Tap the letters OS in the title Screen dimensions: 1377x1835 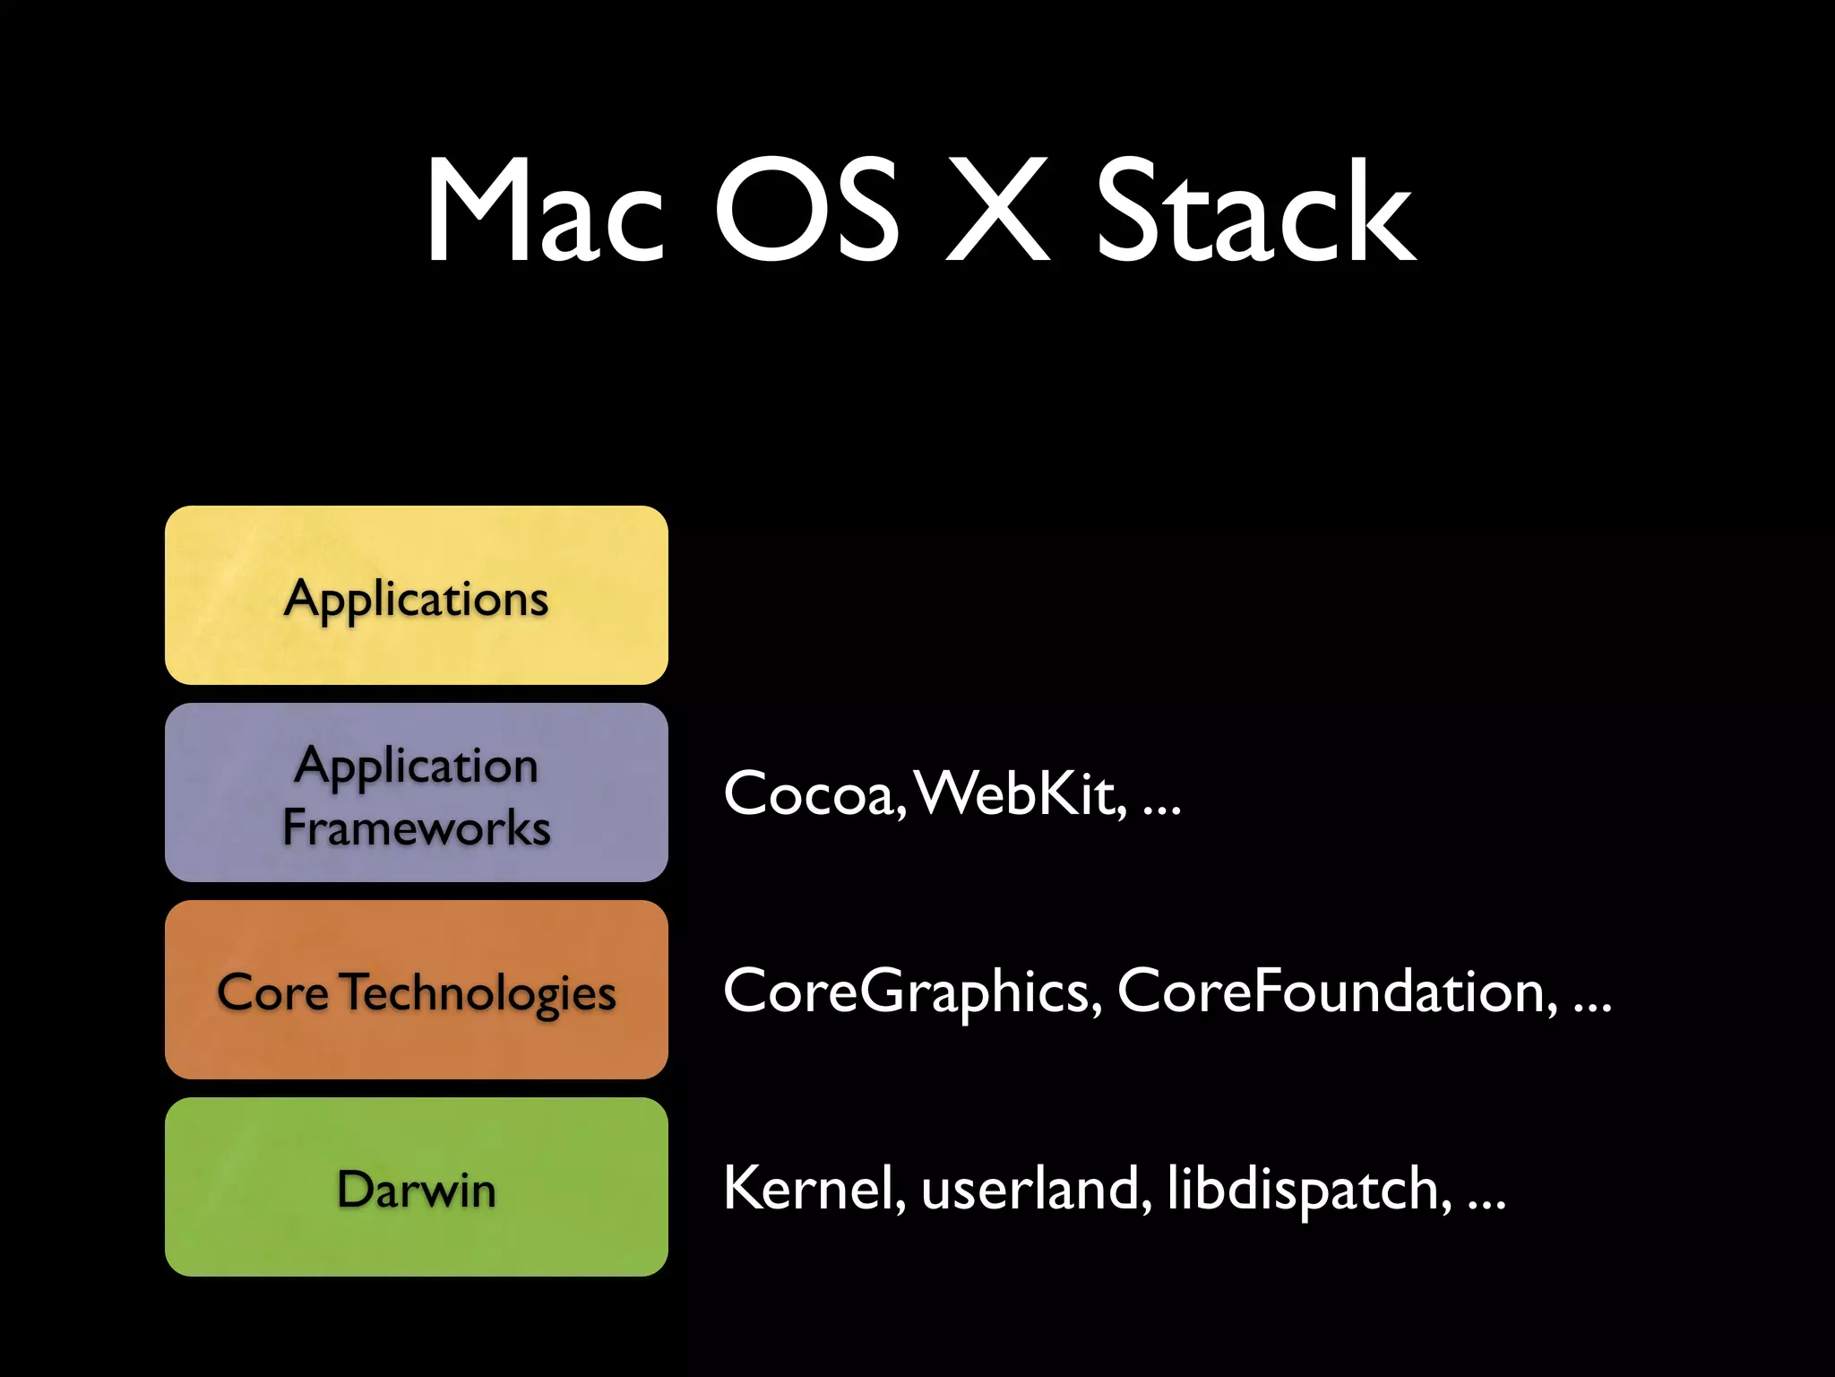[806, 212]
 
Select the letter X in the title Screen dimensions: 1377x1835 [997, 212]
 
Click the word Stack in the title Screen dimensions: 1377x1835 [1254, 212]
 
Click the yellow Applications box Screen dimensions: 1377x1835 [417, 595]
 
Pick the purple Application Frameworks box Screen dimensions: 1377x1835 [417, 792]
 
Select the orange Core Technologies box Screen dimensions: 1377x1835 [417, 990]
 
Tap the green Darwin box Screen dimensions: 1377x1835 [417, 1187]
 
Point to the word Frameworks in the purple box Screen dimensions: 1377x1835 [417, 827]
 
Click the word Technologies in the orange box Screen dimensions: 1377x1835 [479, 993]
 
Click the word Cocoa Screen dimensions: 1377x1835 [812, 794]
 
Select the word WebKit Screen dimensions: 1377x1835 [1021, 794]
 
